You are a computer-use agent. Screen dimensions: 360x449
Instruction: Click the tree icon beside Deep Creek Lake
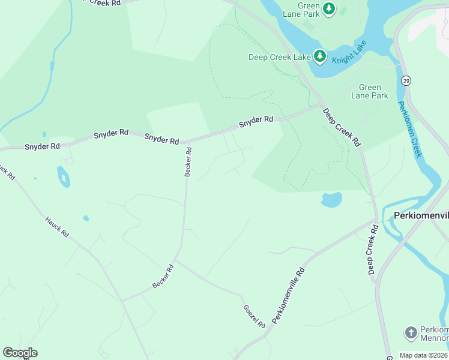coord(320,57)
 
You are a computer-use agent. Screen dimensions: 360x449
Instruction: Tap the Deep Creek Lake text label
coord(280,58)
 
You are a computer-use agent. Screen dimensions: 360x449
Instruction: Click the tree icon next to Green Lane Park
coord(328,8)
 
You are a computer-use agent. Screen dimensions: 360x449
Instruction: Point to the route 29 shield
coord(407,80)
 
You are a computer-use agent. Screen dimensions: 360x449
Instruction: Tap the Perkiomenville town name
coord(421,215)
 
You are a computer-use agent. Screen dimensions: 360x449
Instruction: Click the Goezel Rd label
coord(254,316)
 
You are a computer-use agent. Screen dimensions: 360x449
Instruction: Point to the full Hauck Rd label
coord(57,227)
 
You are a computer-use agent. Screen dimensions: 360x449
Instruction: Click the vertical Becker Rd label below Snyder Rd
coord(188,162)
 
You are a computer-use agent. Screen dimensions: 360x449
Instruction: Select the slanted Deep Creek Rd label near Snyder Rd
coord(341,127)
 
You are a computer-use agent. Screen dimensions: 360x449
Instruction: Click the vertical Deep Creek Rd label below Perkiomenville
coord(373,250)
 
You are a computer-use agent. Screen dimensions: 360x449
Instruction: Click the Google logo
coord(20,353)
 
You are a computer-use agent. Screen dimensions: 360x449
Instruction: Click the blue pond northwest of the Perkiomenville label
coord(331,199)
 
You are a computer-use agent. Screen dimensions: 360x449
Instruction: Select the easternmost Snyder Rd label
coord(256,121)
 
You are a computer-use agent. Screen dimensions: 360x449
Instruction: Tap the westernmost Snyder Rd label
coord(42,146)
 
